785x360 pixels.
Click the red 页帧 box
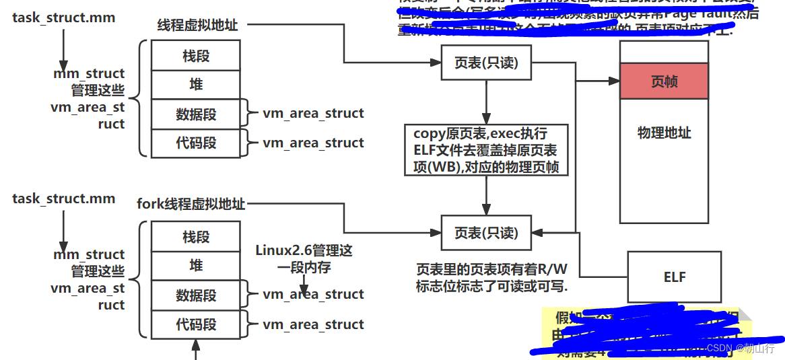point(664,81)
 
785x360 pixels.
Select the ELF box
point(674,277)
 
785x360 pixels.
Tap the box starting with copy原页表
point(486,149)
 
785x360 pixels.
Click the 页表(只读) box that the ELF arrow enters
point(486,233)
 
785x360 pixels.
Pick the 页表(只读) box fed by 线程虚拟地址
point(486,63)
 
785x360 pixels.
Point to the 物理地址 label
point(664,133)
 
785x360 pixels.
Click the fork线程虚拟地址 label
point(191,203)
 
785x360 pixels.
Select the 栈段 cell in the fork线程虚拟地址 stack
point(196,237)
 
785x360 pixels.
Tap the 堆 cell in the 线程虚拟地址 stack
point(196,85)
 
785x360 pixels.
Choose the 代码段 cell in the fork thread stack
point(196,324)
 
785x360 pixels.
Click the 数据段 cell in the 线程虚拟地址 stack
point(196,114)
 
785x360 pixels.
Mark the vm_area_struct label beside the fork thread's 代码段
point(313,324)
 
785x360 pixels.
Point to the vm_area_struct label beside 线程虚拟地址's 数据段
point(313,113)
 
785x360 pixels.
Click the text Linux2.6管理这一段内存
point(304,258)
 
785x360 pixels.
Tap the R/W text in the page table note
point(552,270)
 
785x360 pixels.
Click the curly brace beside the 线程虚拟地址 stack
point(139,98)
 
